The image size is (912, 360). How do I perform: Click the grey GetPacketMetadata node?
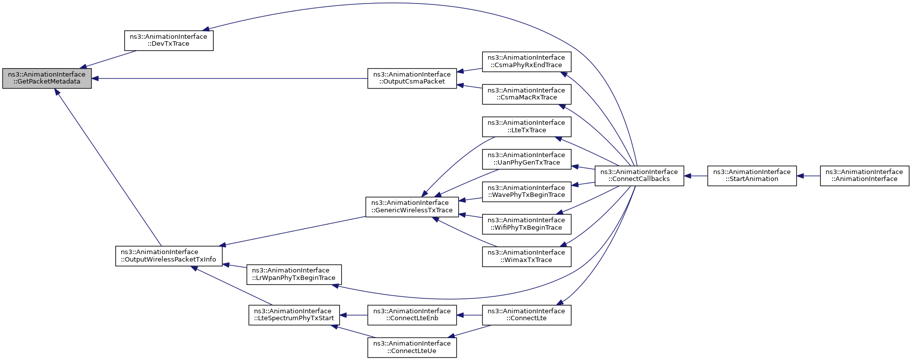[47, 79]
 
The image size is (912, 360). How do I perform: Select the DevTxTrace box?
[168, 40]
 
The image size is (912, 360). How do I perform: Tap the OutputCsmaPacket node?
[412, 79]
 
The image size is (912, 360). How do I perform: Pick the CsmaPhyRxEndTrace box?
[526, 62]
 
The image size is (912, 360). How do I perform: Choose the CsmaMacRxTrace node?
[526, 94]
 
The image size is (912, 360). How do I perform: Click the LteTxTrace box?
[526, 126]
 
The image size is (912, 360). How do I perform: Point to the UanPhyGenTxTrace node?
[526, 159]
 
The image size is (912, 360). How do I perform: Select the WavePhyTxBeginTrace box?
[526, 191]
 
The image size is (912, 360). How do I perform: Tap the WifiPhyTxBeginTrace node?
[526, 224]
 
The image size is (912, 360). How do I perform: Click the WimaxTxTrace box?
[526, 257]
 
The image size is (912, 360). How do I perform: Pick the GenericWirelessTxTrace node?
[412, 207]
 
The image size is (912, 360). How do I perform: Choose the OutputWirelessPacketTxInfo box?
[168, 256]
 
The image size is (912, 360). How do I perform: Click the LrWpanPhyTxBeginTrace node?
[294, 274]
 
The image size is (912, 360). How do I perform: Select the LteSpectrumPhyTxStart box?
[294, 315]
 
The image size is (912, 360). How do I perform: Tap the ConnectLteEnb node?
[412, 315]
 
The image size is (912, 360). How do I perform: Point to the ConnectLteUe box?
[412, 348]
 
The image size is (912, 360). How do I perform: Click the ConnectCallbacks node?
[639, 176]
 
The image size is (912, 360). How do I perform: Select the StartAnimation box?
[752, 176]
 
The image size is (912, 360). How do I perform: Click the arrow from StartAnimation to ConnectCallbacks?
[696, 176]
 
